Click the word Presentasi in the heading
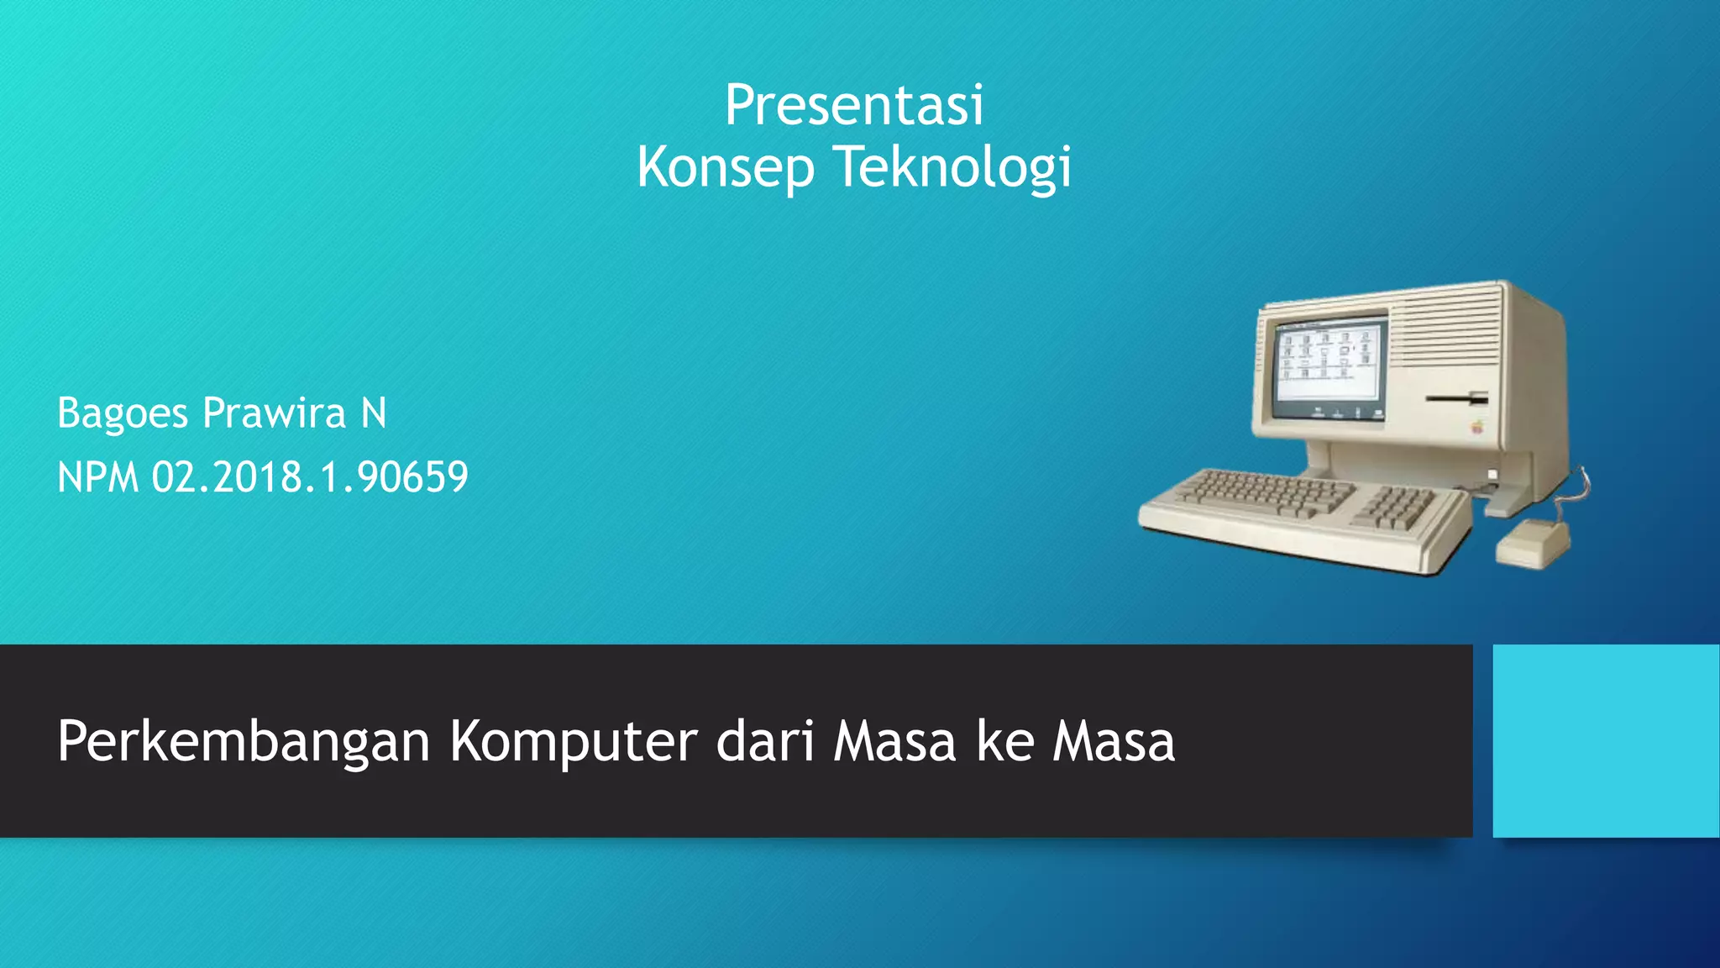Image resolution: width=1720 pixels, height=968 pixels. pyautogui.click(x=853, y=106)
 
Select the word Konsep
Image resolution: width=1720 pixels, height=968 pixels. pyautogui.click(x=725, y=167)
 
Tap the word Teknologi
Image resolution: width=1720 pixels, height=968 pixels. pyautogui.click(x=953, y=167)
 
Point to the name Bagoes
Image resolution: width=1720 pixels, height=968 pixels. pyautogui.click(x=123, y=413)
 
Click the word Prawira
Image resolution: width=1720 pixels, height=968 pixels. pyautogui.click(x=275, y=413)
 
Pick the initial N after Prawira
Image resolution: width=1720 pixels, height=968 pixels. pyautogui.click(x=374, y=413)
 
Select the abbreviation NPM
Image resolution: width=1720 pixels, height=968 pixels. pyautogui.click(x=97, y=477)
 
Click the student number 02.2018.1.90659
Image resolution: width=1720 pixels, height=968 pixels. pyautogui.click(x=310, y=477)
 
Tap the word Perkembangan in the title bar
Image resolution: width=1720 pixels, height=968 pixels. pyautogui.click(x=244, y=742)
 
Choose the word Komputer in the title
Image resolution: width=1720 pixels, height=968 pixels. pyautogui.click(x=573, y=742)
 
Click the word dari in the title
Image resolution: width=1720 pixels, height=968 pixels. pyautogui.click(x=764, y=742)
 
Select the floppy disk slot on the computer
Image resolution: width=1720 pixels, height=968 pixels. pyautogui.click(x=1457, y=397)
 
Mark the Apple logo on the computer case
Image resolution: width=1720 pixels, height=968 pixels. pyautogui.click(x=1476, y=426)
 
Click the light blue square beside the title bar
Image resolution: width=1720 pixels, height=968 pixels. pyautogui.click(x=1606, y=740)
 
